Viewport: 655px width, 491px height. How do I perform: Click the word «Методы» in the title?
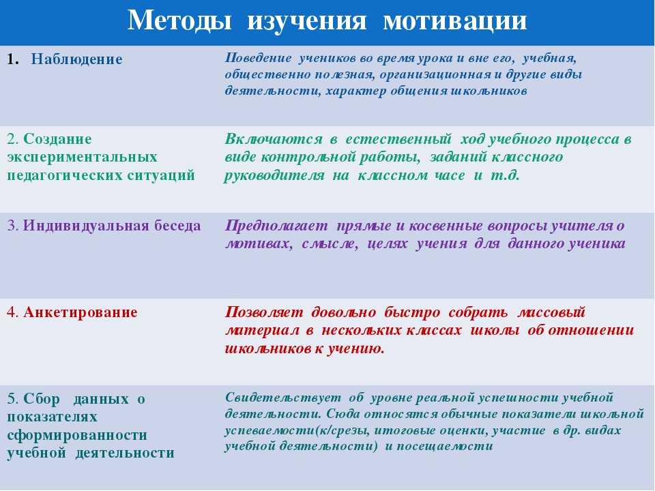(179, 20)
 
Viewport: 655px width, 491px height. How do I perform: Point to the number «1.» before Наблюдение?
(14, 59)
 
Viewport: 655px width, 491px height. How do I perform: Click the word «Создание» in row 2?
(57, 138)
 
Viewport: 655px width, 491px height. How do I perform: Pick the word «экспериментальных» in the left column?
(83, 158)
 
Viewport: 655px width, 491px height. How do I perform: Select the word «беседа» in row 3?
(177, 226)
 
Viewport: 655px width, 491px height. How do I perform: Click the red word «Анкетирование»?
(81, 313)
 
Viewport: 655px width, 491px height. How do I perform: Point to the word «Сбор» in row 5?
(42, 399)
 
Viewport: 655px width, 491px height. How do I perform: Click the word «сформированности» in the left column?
(77, 435)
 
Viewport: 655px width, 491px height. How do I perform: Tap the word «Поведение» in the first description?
(258, 59)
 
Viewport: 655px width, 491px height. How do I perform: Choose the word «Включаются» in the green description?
(274, 139)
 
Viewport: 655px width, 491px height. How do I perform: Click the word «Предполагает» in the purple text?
(276, 226)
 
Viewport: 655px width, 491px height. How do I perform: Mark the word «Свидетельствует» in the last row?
(282, 398)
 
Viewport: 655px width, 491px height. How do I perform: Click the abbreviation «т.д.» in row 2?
(505, 175)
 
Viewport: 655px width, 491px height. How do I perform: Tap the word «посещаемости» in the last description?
(444, 447)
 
